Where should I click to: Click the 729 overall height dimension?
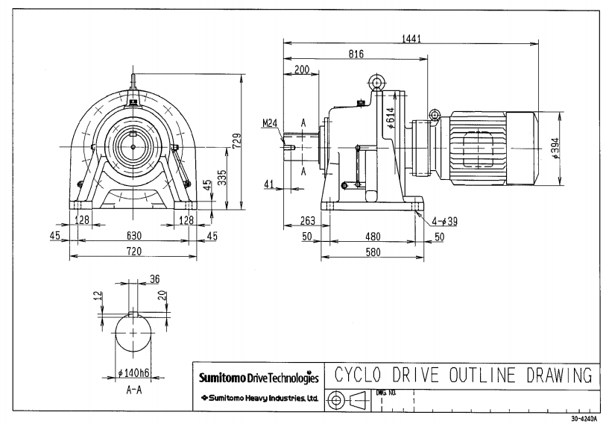point(236,140)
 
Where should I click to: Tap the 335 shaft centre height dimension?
point(221,175)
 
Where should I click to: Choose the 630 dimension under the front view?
point(133,234)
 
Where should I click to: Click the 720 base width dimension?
point(133,252)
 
